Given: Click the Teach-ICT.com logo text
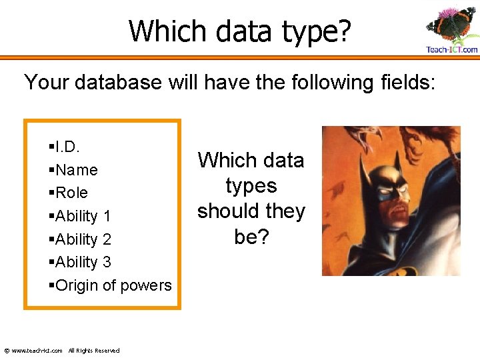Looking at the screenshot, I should (x=451, y=49).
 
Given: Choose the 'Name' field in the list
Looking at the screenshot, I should (x=77, y=170).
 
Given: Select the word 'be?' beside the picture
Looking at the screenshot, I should (x=251, y=237).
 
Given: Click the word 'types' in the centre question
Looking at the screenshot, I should (x=251, y=186).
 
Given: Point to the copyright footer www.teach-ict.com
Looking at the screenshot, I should (x=33, y=351).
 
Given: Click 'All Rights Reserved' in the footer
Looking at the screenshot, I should (x=94, y=351).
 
